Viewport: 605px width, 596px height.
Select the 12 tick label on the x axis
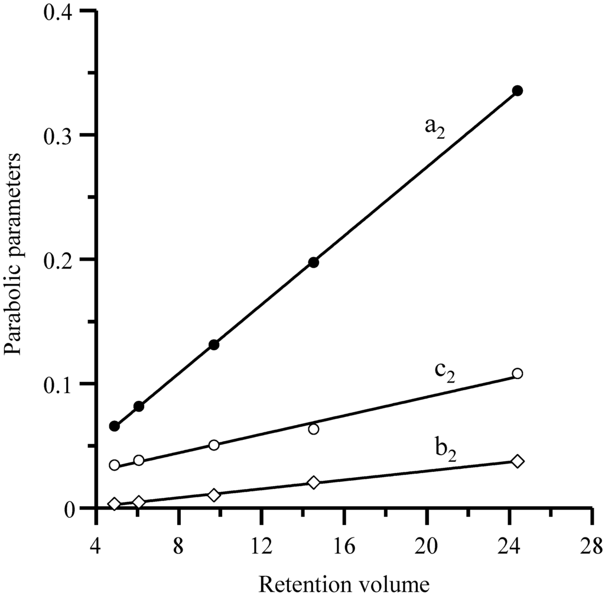pos(261,543)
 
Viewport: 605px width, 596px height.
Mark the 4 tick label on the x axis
pos(96,543)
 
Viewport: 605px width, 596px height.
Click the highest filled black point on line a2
pos(518,90)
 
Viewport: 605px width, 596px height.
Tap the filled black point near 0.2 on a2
pos(313,262)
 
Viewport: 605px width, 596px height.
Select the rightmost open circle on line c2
pos(518,373)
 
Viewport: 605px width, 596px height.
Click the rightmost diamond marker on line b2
pos(518,461)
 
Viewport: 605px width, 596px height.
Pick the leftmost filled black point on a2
pos(115,426)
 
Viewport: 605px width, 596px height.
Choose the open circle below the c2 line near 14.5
pos(313,429)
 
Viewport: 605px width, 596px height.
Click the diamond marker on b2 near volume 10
pos(214,494)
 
